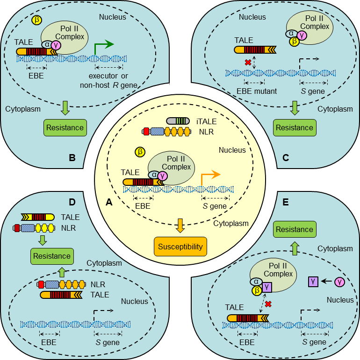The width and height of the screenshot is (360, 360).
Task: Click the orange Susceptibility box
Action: (x=180, y=247)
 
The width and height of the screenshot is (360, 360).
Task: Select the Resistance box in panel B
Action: (x=65, y=127)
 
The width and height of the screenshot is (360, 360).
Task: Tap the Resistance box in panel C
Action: (x=295, y=127)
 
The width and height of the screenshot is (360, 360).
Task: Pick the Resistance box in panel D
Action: (x=51, y=256)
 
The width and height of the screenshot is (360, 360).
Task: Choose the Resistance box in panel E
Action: (x=295, y=229)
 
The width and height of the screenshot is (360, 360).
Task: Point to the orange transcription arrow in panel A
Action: (x=210, y=176)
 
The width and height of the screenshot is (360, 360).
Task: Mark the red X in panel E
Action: (x=268, y=304)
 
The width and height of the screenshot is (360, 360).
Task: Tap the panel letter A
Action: (x=109, y=203)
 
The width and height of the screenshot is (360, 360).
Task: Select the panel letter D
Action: (x=72, y=202)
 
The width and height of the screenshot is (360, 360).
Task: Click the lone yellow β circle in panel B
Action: (x=36, y=20)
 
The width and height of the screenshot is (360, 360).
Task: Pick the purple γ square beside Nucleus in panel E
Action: (x=313, y=282)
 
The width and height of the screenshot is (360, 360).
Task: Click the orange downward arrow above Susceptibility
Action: (x=180, y=226)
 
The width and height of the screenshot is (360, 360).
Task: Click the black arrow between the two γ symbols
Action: (x=327, y=282)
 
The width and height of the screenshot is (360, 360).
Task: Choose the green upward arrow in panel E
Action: (x=295, y=247)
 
